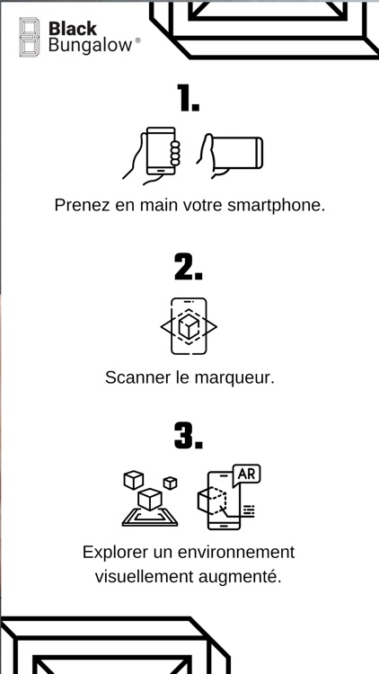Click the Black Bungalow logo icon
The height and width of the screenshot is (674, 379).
(30, 37)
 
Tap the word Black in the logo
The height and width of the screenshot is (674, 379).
(73, 29)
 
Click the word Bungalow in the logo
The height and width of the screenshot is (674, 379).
(90, 46)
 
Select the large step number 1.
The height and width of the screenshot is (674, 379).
(189, 98)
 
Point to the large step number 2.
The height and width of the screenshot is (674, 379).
(189, 267)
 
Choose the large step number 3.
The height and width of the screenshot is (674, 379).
(189, 436)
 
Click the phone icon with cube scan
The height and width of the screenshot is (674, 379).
(189, 326)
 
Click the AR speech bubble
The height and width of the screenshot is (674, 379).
(246, 475)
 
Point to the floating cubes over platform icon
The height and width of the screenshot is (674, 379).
(150, 499)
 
